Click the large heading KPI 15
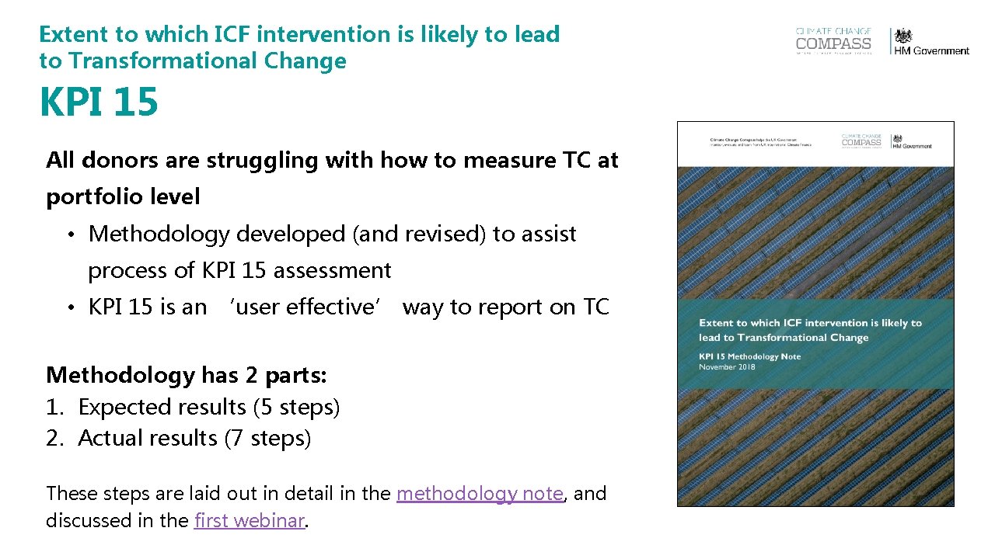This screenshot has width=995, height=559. [x=99, y=102]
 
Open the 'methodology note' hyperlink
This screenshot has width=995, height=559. [x=480, y=494]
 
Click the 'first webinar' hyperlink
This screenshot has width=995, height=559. [x=249, y=520]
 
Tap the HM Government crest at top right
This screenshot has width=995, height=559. [x=902, y=36]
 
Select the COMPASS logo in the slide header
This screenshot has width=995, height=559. [x=833, y=42]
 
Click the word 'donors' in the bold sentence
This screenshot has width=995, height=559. [x=118, y=161]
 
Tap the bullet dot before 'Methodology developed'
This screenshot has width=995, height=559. [x=70, y=235]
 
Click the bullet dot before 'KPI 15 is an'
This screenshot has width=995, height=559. [x=70, y=308]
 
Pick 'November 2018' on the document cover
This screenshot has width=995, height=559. [x=726, y=366]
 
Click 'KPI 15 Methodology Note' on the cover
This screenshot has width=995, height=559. [x=749, y=356]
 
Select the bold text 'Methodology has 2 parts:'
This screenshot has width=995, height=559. [x=187, y=375]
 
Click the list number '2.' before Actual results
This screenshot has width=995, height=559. [x=54, y=439]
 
